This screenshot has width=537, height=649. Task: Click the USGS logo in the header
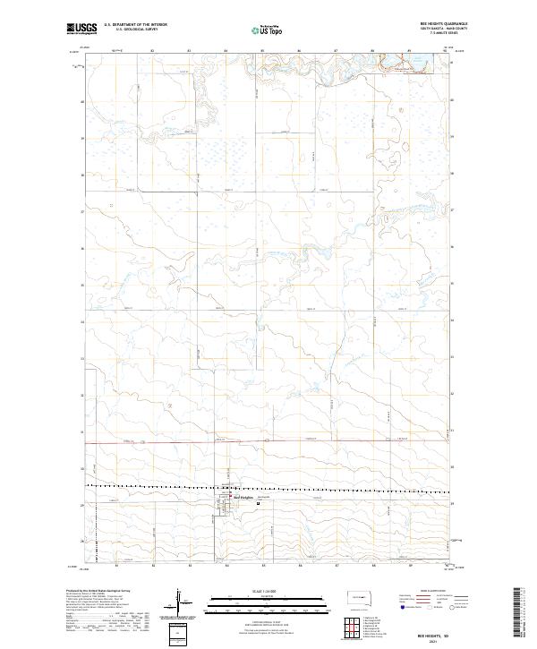[x=82, y=29]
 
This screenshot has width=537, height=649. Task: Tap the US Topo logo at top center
[x=259, y=29]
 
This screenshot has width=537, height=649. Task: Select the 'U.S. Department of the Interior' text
[x=135, y=24]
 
